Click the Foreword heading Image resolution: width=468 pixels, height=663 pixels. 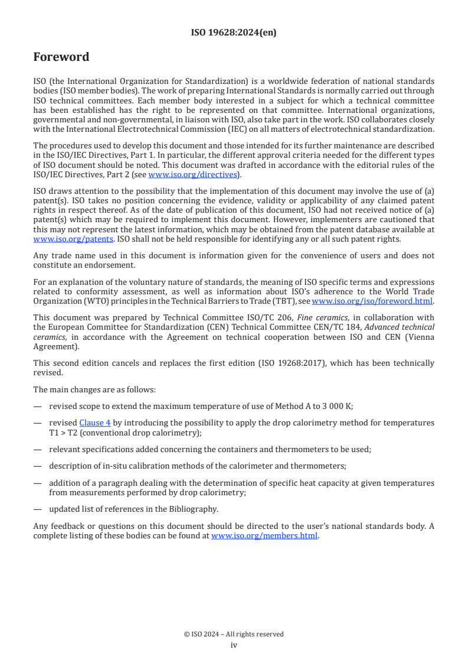[61, 57]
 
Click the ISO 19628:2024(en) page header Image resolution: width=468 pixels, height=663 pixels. [234, 33]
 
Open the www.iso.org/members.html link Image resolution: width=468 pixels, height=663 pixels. [264, 536]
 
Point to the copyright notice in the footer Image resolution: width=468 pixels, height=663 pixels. [234, 634]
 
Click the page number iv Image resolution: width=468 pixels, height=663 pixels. [234, 645]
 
